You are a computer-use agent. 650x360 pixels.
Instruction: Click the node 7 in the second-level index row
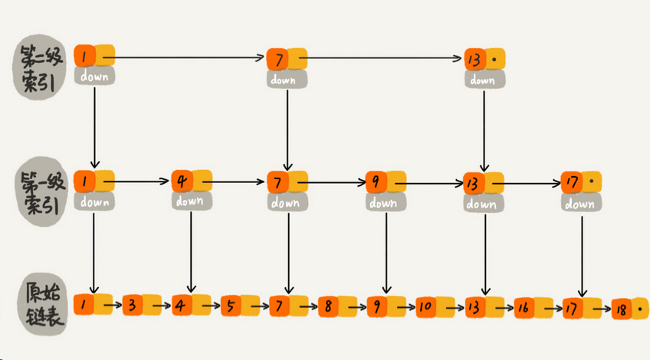[x=287, y=59]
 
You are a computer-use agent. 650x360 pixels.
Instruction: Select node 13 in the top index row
[x=484, y=59]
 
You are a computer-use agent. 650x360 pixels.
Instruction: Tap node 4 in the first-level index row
[x=192, y=181]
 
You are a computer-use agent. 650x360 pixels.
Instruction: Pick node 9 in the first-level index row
[x=386, y=182]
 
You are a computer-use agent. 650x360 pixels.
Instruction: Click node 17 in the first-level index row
[x=581, y=182]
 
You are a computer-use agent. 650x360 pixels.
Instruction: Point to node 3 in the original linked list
[x=142, y=306]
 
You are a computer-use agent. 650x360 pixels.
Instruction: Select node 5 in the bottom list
[x=240, y=306]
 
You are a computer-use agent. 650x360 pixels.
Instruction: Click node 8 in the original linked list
[x=337, y=307]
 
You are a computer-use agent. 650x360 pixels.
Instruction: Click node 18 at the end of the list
[x=630, y=309]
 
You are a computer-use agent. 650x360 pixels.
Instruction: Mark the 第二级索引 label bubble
[x=39, y=67]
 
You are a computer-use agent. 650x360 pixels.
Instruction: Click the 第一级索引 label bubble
[x=41, y=191]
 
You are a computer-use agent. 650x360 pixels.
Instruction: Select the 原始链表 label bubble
[x=42, y=303]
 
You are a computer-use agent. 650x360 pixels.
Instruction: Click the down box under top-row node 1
[x=94, y=77]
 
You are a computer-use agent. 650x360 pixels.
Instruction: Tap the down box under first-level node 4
[x=192, y=201]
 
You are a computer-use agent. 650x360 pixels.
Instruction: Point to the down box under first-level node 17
[x=581, y=203]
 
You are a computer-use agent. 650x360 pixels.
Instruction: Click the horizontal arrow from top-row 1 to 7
[x=184, y=57]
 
